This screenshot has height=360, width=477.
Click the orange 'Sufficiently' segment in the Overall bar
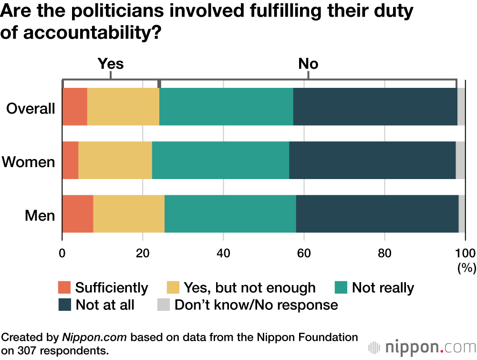point(74,106)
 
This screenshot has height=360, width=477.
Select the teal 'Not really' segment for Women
point(220,160)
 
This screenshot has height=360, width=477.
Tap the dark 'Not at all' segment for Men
point(377,214)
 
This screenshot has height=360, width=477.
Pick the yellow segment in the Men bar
point(129,214)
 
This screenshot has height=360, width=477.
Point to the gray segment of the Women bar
point(460,160)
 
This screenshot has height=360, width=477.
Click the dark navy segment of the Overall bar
point(375,106)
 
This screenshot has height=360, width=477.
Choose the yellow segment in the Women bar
point(115,160)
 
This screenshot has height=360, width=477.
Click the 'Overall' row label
point(31,108)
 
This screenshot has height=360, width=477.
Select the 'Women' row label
point(29,162)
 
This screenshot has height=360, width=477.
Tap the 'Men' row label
point(40,216)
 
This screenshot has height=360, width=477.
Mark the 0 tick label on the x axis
point(62,253)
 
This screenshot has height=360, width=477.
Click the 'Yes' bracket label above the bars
point(111,64)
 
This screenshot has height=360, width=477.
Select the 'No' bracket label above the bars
point(308,64)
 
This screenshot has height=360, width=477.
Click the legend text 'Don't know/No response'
point(256,305)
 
